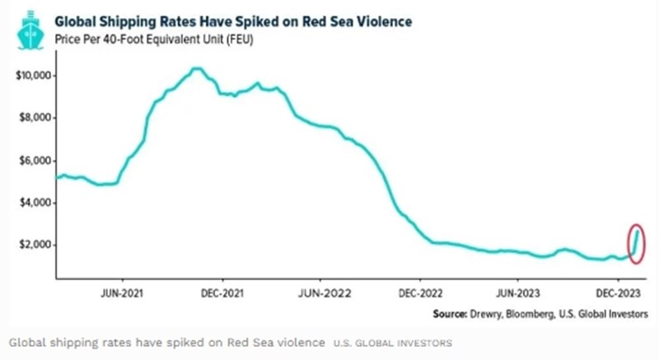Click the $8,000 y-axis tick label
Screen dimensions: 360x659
tap(35, 118)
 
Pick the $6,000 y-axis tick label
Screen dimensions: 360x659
tap(35, 161)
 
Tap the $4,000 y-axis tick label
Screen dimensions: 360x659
tap(35, 203)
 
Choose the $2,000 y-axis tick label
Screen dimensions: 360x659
tap(35, 245)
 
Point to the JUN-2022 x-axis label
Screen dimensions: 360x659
tap(320, 292)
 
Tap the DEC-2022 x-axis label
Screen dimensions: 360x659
tap(419, 292)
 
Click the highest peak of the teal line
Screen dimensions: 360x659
tap(196, 68)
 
